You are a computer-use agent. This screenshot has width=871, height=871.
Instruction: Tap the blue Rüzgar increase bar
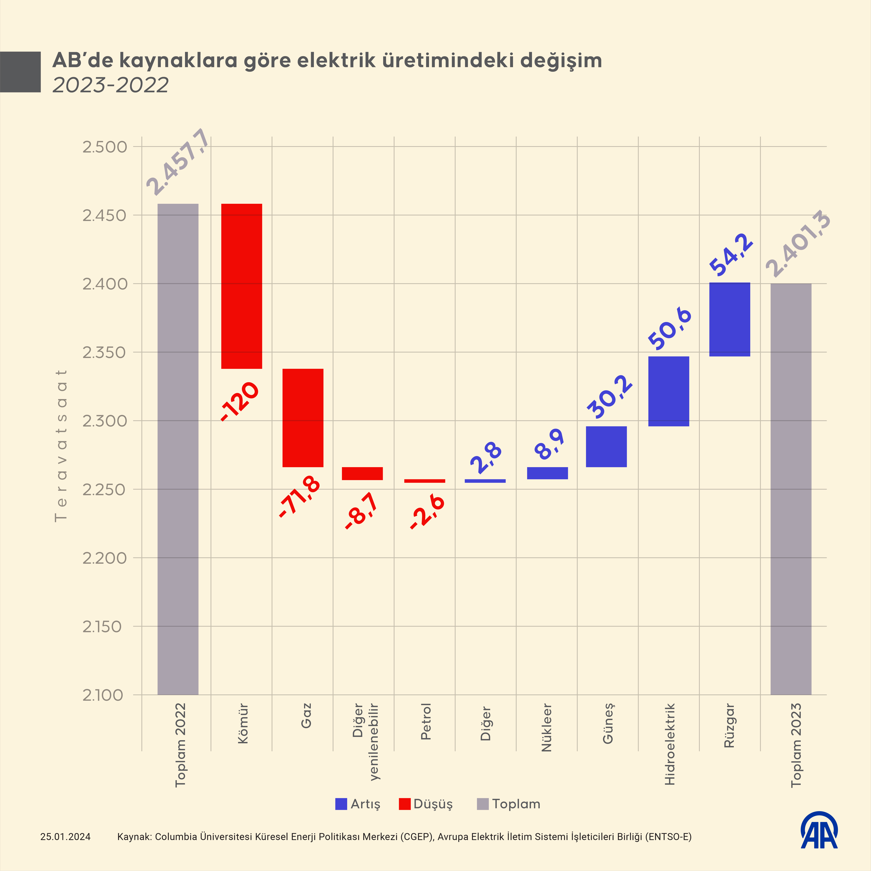pyautogui.click(x=729, y=320)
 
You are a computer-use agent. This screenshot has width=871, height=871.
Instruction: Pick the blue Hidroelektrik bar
pyautogui.click(x=669, y=391)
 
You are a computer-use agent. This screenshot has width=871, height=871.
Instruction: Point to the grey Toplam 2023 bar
pyautogui.click(x=791, y=489)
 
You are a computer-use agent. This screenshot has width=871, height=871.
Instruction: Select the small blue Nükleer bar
pyautogui.click(x=547, y=473)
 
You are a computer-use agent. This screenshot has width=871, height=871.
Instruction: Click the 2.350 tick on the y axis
pyautogui.click(x=104, y=353)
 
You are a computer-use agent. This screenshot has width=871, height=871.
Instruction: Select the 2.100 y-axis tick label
pyautogui.click(x=103, y=695)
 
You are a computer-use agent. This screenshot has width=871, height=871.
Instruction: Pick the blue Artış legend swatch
pyautogui.click(x=341, y=804)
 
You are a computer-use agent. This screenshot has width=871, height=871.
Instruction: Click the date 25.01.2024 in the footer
pyautogui.click(x=65, y=837)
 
